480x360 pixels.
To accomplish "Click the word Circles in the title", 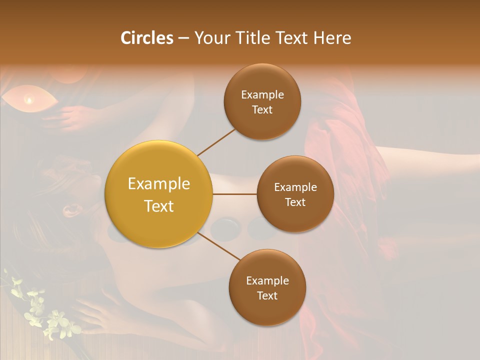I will [x=147, y=38].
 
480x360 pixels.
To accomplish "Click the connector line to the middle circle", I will [x=234, y=193].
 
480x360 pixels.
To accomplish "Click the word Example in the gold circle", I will [x=158, y=184].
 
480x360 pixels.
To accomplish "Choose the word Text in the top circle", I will [x=262, y=109].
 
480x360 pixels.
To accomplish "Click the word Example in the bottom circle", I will [x=267, y=281].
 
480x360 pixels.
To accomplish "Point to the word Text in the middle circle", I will [x=295, y=202].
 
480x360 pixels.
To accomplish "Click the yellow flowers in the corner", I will [x=47, y=312].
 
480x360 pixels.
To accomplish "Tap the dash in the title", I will [x=183, y=38].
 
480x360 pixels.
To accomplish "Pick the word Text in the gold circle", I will [x=158, y=206].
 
